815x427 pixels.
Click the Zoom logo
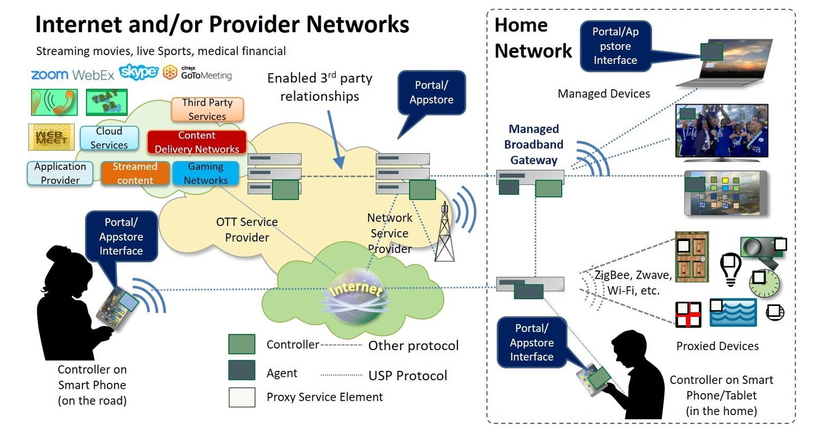pos(50,75)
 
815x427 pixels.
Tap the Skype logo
pos(138,72)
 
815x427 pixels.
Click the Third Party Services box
pos(207,110)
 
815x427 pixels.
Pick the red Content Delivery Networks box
pos(197,142)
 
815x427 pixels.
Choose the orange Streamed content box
pos(135,173)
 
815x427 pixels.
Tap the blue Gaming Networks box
pos(206,173)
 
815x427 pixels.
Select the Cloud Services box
pos(109,138)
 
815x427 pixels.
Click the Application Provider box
pos(60,173)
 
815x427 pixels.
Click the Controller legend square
pos(242,345)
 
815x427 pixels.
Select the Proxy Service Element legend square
pos(242,397)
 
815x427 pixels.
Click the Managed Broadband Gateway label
pos(534,145)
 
